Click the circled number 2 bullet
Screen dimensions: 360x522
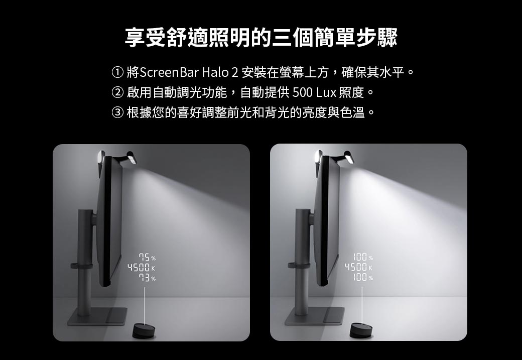(x=117, y=92)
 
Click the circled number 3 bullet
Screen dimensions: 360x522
(x=117, y=111)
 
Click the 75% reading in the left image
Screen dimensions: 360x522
(x=146, y=258)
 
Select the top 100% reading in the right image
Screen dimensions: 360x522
(x=362, y=258)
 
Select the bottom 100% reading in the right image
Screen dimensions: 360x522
(x=362, y=278)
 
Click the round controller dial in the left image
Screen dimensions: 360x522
(x=144, y=331)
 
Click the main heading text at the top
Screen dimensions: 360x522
(x=261, y=38)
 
